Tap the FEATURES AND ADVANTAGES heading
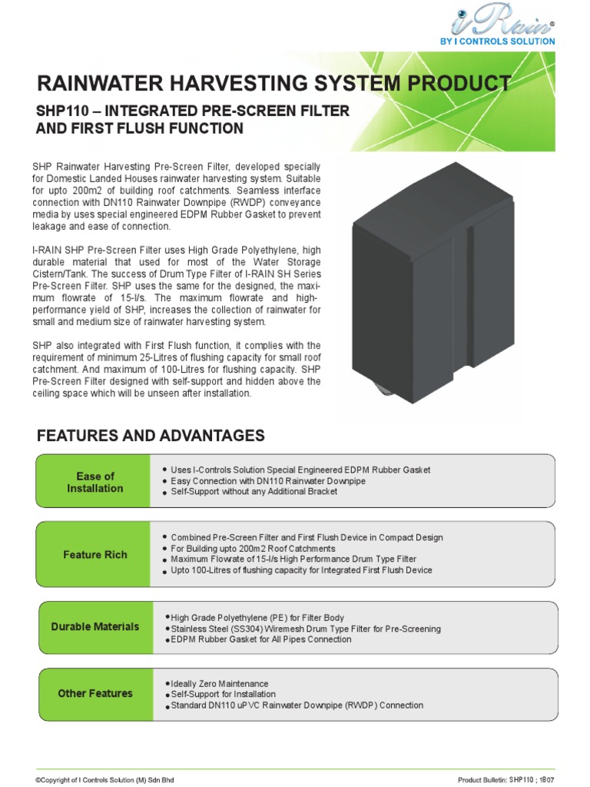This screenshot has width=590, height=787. (151, 437)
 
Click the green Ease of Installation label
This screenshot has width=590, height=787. (94, 482)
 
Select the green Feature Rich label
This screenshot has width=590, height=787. (94, 554)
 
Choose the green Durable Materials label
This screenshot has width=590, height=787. (94, 626)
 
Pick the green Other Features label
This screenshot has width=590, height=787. (94, 693)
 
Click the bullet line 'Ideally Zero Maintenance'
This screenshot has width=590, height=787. (219, 683)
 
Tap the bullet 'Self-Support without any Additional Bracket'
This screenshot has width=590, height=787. (254, 491)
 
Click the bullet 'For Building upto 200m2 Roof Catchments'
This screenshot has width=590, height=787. (253, 549)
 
